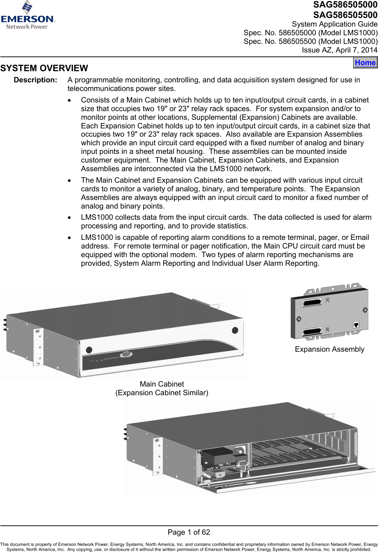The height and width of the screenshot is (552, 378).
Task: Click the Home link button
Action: pos(365,63)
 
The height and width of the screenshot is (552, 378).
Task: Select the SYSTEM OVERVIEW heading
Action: pos(44,68)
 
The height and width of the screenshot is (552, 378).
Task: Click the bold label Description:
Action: pos(35,80)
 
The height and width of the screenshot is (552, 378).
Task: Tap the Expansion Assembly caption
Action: pos(329,349)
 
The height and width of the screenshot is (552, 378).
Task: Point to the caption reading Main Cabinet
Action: pos(161,384)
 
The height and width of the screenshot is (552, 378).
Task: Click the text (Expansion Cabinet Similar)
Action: pos(161,393)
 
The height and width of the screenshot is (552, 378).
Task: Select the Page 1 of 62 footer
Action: pos(189,532)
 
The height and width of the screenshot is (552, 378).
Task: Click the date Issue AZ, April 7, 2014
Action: pos(340,50)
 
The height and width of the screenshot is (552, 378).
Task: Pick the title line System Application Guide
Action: pos(334,24)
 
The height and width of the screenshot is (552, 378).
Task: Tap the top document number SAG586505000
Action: pos(345,5)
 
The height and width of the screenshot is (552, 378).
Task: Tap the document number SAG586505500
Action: pos(345,15)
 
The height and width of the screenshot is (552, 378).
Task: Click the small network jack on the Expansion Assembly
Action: pos(356,325)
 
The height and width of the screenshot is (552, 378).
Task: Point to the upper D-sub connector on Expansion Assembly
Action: pos(312,302)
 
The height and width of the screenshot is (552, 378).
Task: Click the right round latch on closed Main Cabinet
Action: pos(235,330)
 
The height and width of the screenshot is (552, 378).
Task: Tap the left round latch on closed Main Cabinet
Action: pos(89,350)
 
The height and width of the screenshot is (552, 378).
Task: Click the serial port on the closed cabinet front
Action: pos(126,355)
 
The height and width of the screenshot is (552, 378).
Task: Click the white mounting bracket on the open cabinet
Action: pos(158,456)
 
